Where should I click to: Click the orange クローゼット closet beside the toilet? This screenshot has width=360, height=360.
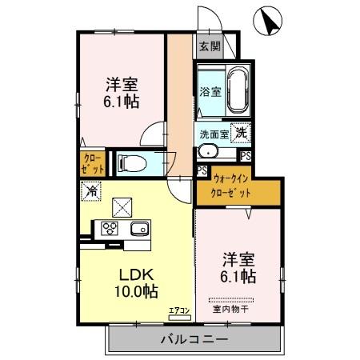pos(91,164)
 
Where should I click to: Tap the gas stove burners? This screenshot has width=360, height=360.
pos(108,229)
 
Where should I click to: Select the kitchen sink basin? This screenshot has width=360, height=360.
pos(138,229)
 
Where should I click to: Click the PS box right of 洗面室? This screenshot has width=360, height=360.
pos(246,156)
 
